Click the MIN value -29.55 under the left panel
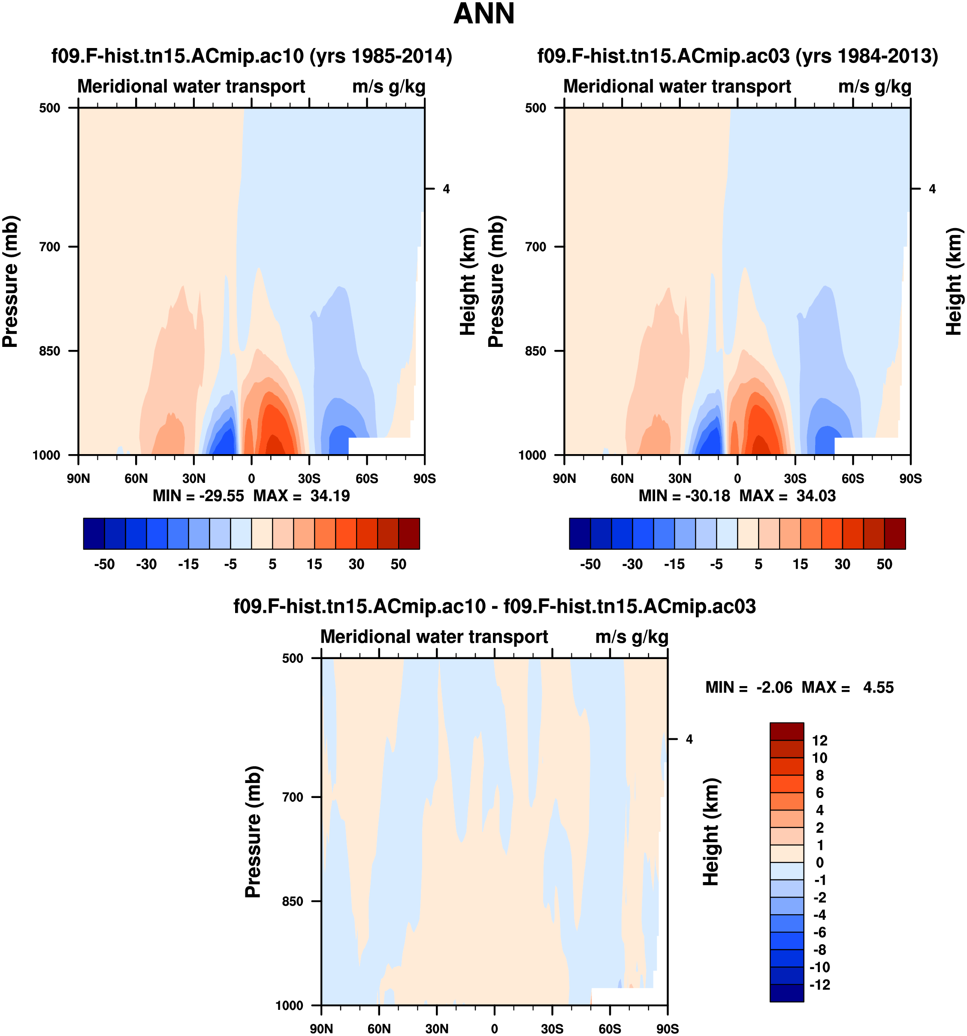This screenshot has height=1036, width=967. point(221,496)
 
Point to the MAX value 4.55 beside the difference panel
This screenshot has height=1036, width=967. point(878,687)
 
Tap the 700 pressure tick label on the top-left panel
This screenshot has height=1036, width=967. point(50,247)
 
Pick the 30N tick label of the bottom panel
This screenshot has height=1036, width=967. point(436,1029)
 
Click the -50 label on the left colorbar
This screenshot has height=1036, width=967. point(104,564)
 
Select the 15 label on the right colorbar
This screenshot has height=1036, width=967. point(800,564)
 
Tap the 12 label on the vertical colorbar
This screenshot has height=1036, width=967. point(819,741)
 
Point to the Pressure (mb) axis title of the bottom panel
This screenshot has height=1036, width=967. point(254,832)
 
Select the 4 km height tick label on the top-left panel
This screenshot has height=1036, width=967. point(446,189)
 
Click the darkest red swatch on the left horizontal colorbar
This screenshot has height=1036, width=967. point(409,533)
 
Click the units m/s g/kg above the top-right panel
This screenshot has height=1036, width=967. point(874,87)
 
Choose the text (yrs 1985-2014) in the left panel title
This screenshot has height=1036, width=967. point(381,56)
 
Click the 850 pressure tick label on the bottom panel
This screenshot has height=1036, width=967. point(293,901)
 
